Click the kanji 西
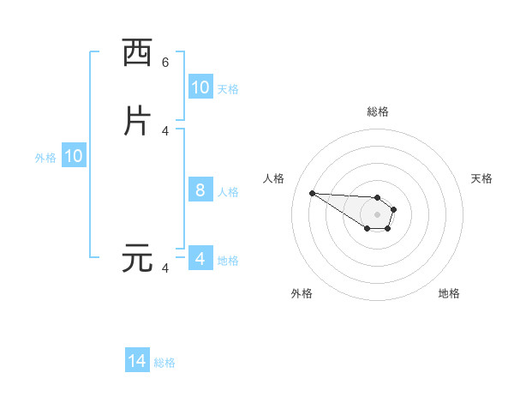pos(137,53)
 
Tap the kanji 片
pos(137,121)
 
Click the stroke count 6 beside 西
pos(165,63)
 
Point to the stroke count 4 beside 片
pos(165,130)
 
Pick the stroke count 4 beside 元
pos(165,268)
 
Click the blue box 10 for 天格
pos(200,87)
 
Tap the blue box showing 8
pos(200,190)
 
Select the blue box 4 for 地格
pos(200,258)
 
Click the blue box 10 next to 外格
pos(74,157)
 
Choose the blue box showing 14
pos(137,361)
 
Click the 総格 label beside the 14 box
pos(164,363)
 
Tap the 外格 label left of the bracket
pos(45,158)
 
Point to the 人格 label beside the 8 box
pos(228,192)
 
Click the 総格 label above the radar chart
pos(377,111)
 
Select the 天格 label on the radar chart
pos(481,178)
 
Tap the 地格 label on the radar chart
pos(449,293)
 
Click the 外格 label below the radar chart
pos(302,293)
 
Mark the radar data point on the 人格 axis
pos(312,193)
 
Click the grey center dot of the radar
pos(377,214)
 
